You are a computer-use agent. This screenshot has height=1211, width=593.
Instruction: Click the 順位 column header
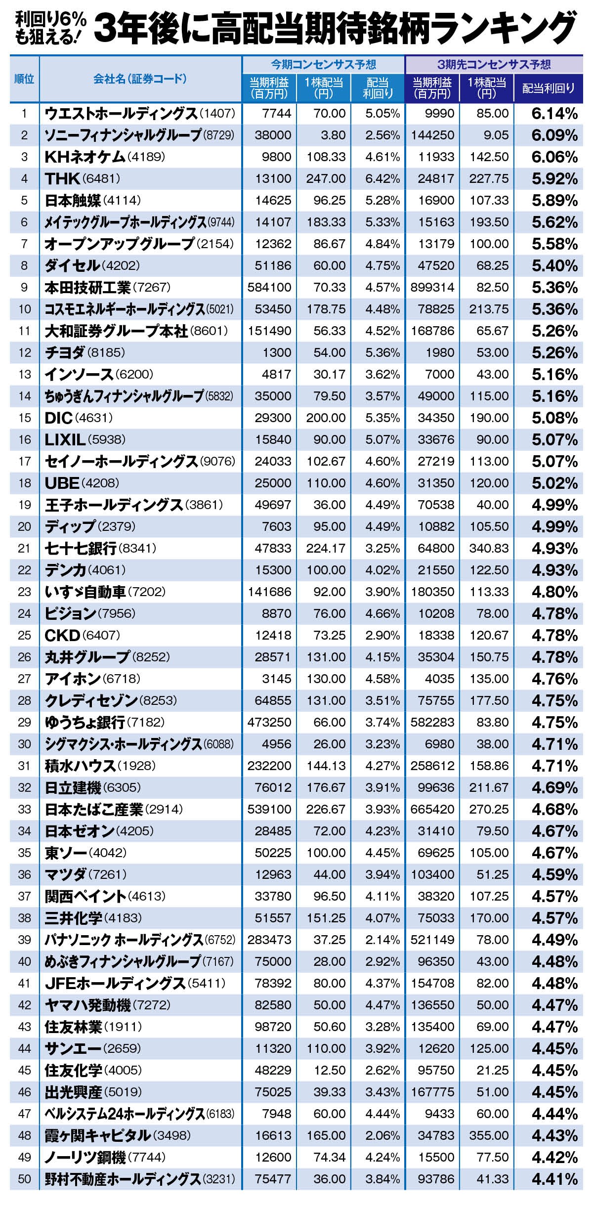click(24, 79)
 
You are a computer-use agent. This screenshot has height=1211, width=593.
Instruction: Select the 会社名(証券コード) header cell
click(140, 79)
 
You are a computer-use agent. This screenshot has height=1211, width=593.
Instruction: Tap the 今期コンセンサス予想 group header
click(323, 64)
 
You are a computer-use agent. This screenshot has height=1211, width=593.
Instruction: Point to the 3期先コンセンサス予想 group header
click(494, 64)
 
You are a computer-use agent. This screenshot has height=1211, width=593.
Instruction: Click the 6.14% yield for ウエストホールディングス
click(554, 114)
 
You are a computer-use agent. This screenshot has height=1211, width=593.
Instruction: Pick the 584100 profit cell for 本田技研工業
click(269, 287)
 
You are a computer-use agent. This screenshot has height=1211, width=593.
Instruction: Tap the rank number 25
click(24, 635)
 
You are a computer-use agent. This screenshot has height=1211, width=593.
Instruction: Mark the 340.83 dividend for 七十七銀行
click(489, 548)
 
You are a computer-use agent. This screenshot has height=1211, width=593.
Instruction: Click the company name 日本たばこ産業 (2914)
click(114, 809)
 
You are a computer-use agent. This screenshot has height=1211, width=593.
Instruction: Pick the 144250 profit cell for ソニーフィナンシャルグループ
click(432, 135)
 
